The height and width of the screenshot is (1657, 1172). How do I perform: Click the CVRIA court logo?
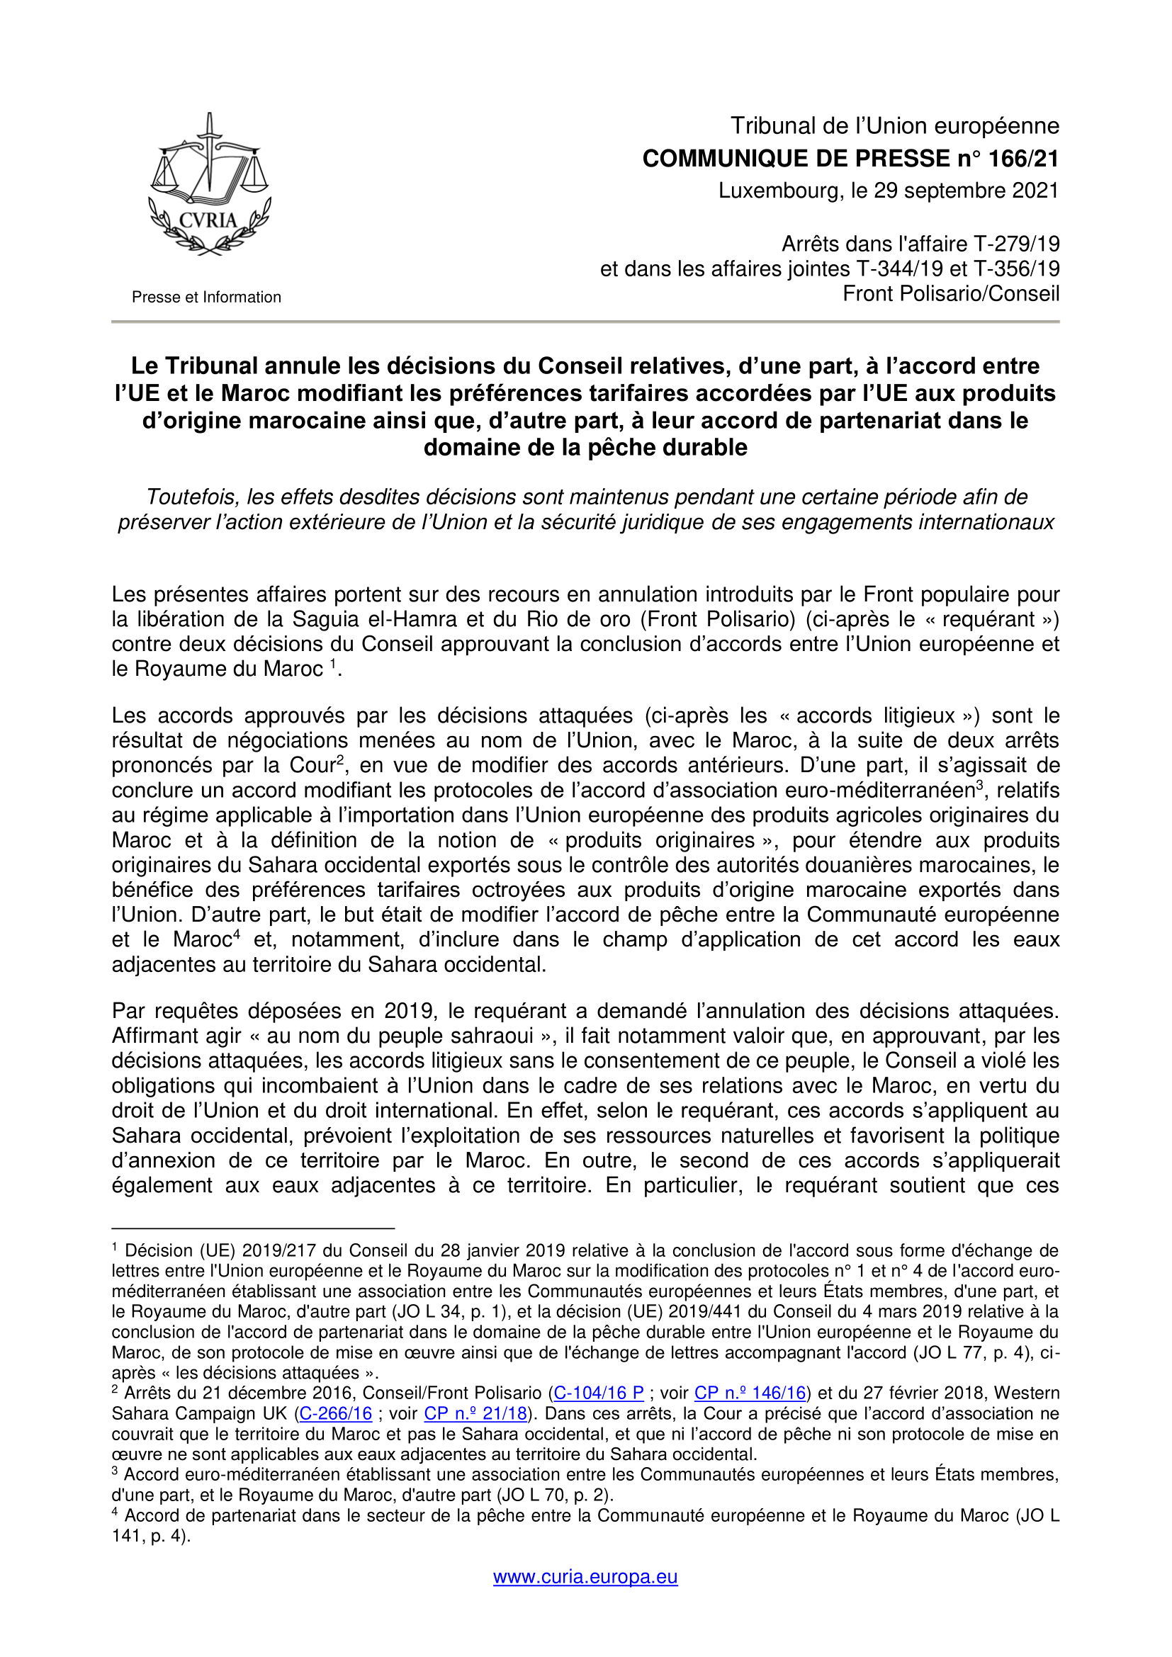(208, 186)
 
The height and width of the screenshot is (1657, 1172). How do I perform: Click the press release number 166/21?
(1022, 158)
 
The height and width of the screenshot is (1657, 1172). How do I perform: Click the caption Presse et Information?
(206, 298)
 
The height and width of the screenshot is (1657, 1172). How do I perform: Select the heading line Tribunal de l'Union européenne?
(895, 126)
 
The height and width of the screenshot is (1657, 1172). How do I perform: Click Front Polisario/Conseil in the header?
(951, 294)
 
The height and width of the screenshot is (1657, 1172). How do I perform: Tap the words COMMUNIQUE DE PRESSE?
(796, 158)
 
